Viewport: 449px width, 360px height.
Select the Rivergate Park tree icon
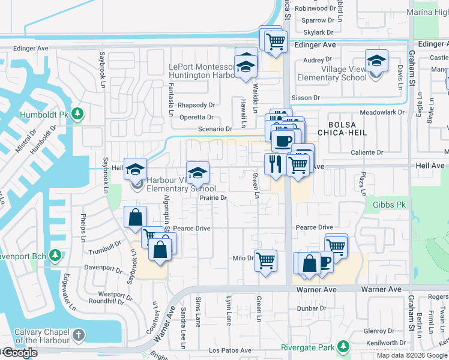pyautogui.click(x=343, y=347)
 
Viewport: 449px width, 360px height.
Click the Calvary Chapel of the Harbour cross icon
pyautogui.click(x=79, y=334)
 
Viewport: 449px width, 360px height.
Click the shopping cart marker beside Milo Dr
pyautogui.click(x=265, y=260)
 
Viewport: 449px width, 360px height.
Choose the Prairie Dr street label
pyautogui.click(x=214, y=197)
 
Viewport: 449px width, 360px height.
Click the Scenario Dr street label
pyautogui.click(x=215, y=129)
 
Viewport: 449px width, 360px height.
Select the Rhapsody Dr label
pyautogui.click(x=196, y=105)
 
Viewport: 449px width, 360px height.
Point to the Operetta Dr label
pyautogui.click(x=196, y=118)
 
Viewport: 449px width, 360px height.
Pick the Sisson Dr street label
pyautogui.click(x=306, y=97)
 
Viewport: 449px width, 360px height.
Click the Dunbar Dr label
pyautogui.click(x=311, y=308)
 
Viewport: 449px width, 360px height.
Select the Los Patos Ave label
pyautogui.click(x=230, y=350)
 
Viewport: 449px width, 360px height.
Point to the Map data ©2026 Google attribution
pyautogui.click(x=412, y=355)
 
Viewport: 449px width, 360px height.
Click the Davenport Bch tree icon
pyautogui.click(x=55, y=256)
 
